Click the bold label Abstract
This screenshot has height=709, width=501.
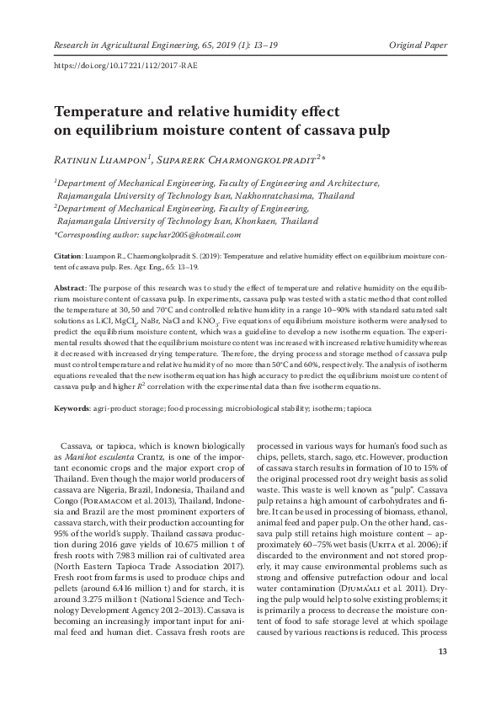pyautogui.click(x=71, y=288)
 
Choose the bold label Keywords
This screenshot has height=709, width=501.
pyautogui.click(x=72, y=408)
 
